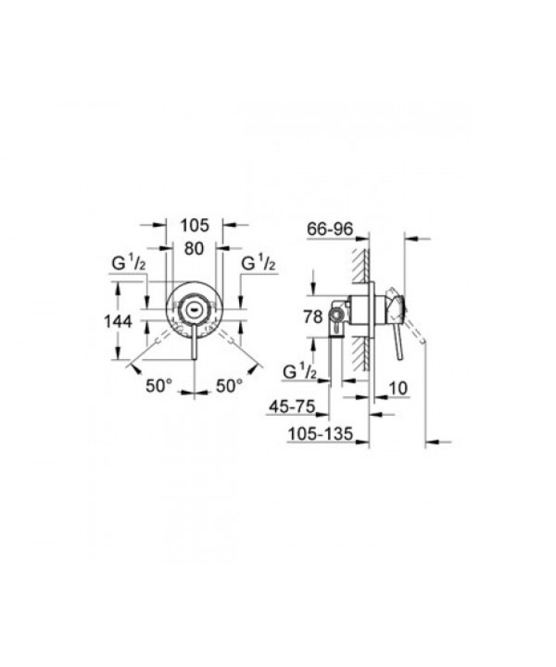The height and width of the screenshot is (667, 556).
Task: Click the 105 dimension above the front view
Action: (195, 226)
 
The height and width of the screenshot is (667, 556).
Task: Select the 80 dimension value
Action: (194, 248)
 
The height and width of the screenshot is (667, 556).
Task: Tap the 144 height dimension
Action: (118, 321)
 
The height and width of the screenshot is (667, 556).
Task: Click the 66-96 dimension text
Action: (330, 229)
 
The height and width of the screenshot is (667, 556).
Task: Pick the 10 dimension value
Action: (399, 389)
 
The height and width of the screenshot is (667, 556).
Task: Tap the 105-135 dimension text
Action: (320, 434)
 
